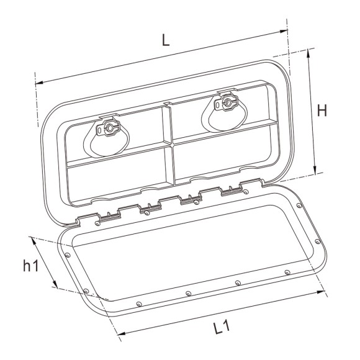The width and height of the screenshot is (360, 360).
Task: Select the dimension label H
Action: (x=322, y=110)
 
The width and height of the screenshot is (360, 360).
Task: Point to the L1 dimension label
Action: (x=215, y=325)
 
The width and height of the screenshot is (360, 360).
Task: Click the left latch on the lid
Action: (x=109, y=129)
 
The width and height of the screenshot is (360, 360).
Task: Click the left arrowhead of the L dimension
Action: (x=38, y=81)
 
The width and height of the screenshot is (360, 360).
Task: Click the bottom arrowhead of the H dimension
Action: (x=317, y=173)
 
